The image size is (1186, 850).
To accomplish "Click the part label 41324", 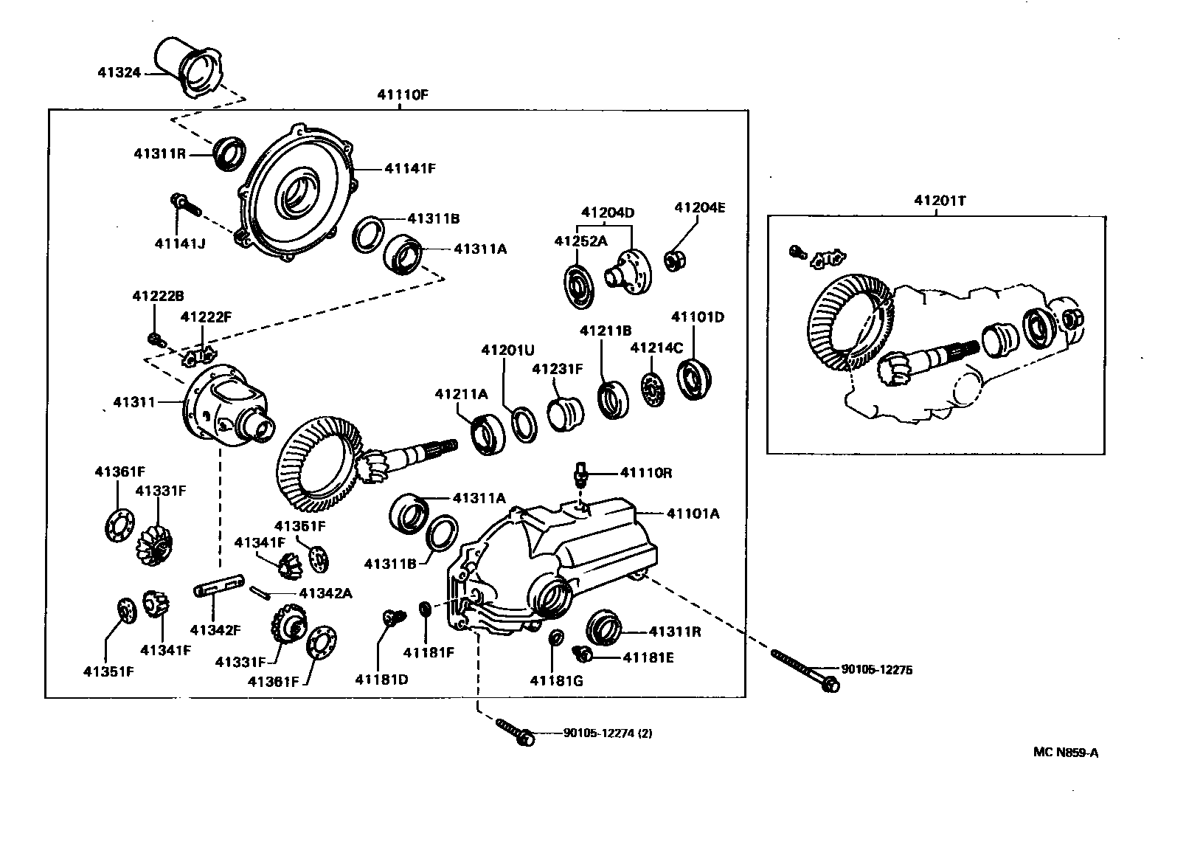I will (120, 72).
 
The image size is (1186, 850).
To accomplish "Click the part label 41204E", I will (699, 208).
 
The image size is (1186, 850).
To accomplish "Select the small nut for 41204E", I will (674, 260).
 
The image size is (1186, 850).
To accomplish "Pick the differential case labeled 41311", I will (225, 406).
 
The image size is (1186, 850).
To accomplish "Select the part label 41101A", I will (693, 513).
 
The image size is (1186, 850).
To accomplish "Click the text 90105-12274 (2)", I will (607, 733).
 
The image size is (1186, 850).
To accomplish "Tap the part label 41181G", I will (556, 680).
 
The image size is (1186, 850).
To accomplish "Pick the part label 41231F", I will (558, 368).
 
